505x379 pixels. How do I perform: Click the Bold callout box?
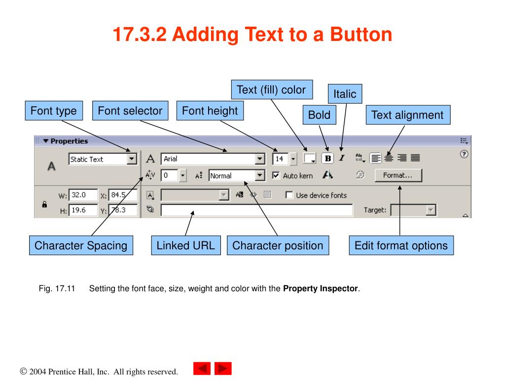[x=319, y=115]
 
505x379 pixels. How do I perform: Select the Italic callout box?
[x=345, y=94]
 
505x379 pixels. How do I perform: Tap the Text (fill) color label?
[x=271, y=90]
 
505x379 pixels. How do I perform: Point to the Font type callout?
[x=53, y=111]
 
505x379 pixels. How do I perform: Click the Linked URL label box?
[x=185, y=245]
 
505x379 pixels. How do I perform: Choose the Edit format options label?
[x=401, y=245]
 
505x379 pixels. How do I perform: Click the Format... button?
[x=398, y=175]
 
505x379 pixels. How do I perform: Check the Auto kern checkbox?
[x=276, y=175]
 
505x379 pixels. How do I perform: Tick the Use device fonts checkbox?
[x=289, y=195]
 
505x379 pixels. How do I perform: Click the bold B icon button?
[x=328, y=158]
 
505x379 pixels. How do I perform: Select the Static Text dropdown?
[x=102, y=159]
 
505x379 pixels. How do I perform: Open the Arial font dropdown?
[x=213, y=159]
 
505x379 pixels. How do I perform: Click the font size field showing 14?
[x=280, y=159]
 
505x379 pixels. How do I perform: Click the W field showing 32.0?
[x=82, y=195]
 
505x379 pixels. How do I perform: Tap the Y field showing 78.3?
[x=122, y=210]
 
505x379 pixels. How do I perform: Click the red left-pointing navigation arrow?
[x=202, y=369]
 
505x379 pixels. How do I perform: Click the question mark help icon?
[x=464, y=154]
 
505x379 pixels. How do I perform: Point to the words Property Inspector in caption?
[x=321, y=289]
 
